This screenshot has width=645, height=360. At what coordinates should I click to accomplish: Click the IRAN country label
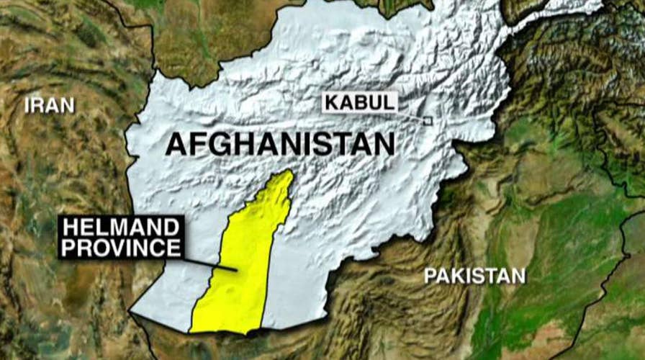tap(49, 105)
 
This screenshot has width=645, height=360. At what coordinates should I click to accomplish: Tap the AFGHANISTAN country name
tap(280, 143)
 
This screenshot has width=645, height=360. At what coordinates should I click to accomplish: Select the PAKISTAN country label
tap(474, 275)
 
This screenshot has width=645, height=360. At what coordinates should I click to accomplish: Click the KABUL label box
tap(360, 102)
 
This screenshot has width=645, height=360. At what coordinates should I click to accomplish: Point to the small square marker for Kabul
tap(427, 121)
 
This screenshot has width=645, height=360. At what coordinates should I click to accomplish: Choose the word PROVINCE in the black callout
tap(120, 248)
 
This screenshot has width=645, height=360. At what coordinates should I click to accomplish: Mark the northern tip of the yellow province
tap(289, 174)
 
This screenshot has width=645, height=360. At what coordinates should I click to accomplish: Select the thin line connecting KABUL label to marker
tap(410, 115)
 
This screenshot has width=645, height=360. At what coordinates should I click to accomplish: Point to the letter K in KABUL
tap(333, 102)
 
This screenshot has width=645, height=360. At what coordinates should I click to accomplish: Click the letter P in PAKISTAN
tap(430, 275)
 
